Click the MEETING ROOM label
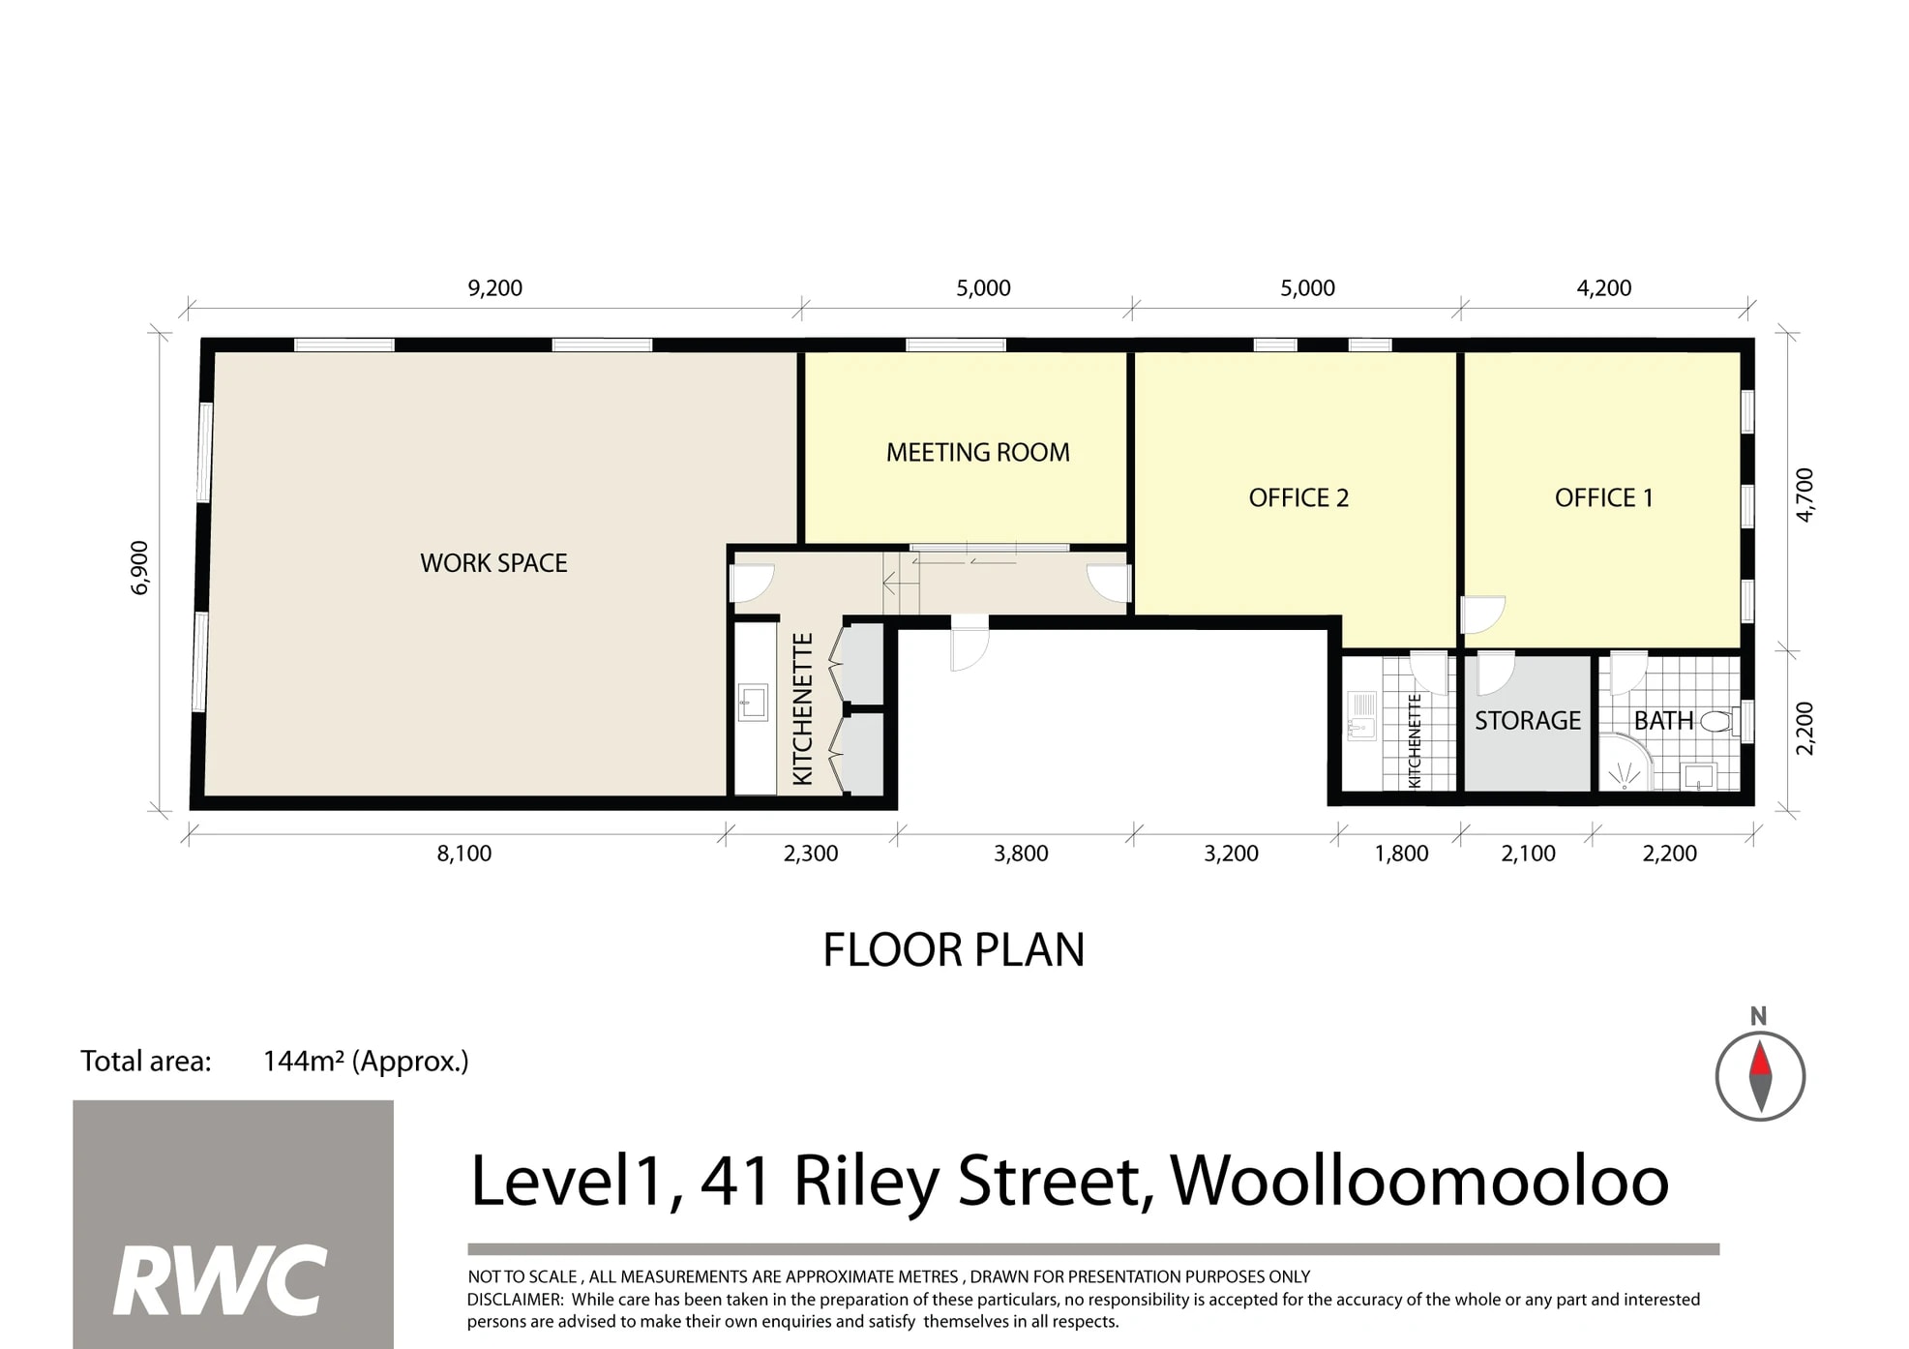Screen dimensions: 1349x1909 (977, 452)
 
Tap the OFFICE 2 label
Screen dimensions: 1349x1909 (1298, 497)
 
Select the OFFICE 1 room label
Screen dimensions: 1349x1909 (1603, 497)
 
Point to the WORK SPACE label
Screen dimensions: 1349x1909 (493, 562)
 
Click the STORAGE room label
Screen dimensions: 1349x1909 (1527, 720)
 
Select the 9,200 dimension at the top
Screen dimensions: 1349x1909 (494, 287)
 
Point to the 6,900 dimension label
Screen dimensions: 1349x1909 (140, 567)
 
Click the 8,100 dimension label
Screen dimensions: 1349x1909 (463, 853)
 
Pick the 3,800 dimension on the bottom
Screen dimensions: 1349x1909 (1021, 853)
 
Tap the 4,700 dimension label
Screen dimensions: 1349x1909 (1805, 495)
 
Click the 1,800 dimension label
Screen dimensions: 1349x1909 (1401, 853)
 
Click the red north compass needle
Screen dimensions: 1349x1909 (1760, 1059)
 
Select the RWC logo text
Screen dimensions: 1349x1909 (221, 1280)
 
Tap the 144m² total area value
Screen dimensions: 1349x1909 (365, 1061)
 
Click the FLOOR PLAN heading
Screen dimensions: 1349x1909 (953, 949)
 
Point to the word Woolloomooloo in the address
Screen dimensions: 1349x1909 (1418, 1182)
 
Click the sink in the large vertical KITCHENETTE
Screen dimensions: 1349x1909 (753, 703)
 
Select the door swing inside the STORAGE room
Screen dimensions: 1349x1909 (1493, 673)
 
